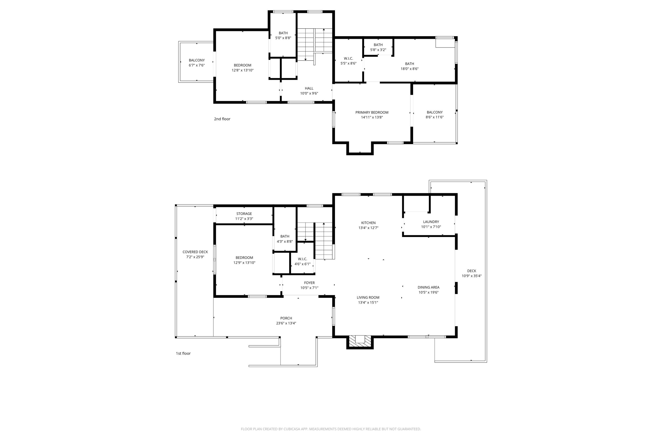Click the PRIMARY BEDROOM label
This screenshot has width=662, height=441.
[x=372, y=112]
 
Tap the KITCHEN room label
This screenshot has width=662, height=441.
[x=368, y=223]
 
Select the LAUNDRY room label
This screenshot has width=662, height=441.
[x=431, y=222]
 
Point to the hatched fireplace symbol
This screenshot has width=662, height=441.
[x=360, y=341]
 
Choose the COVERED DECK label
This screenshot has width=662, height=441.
[x=195, y=252]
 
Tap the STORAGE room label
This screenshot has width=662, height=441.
[x=244, y=213]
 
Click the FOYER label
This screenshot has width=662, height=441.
[x=309, y=283]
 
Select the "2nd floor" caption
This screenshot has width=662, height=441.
[x=222, y=119]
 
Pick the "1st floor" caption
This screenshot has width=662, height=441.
[x=183, y=353]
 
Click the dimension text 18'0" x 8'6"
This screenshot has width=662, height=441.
[x=409, y=69]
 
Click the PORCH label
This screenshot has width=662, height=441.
[x=286, y=318]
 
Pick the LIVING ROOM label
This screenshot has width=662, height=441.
[x=368, y=297]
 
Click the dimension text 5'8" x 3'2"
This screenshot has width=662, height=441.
[x=378, y=50]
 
